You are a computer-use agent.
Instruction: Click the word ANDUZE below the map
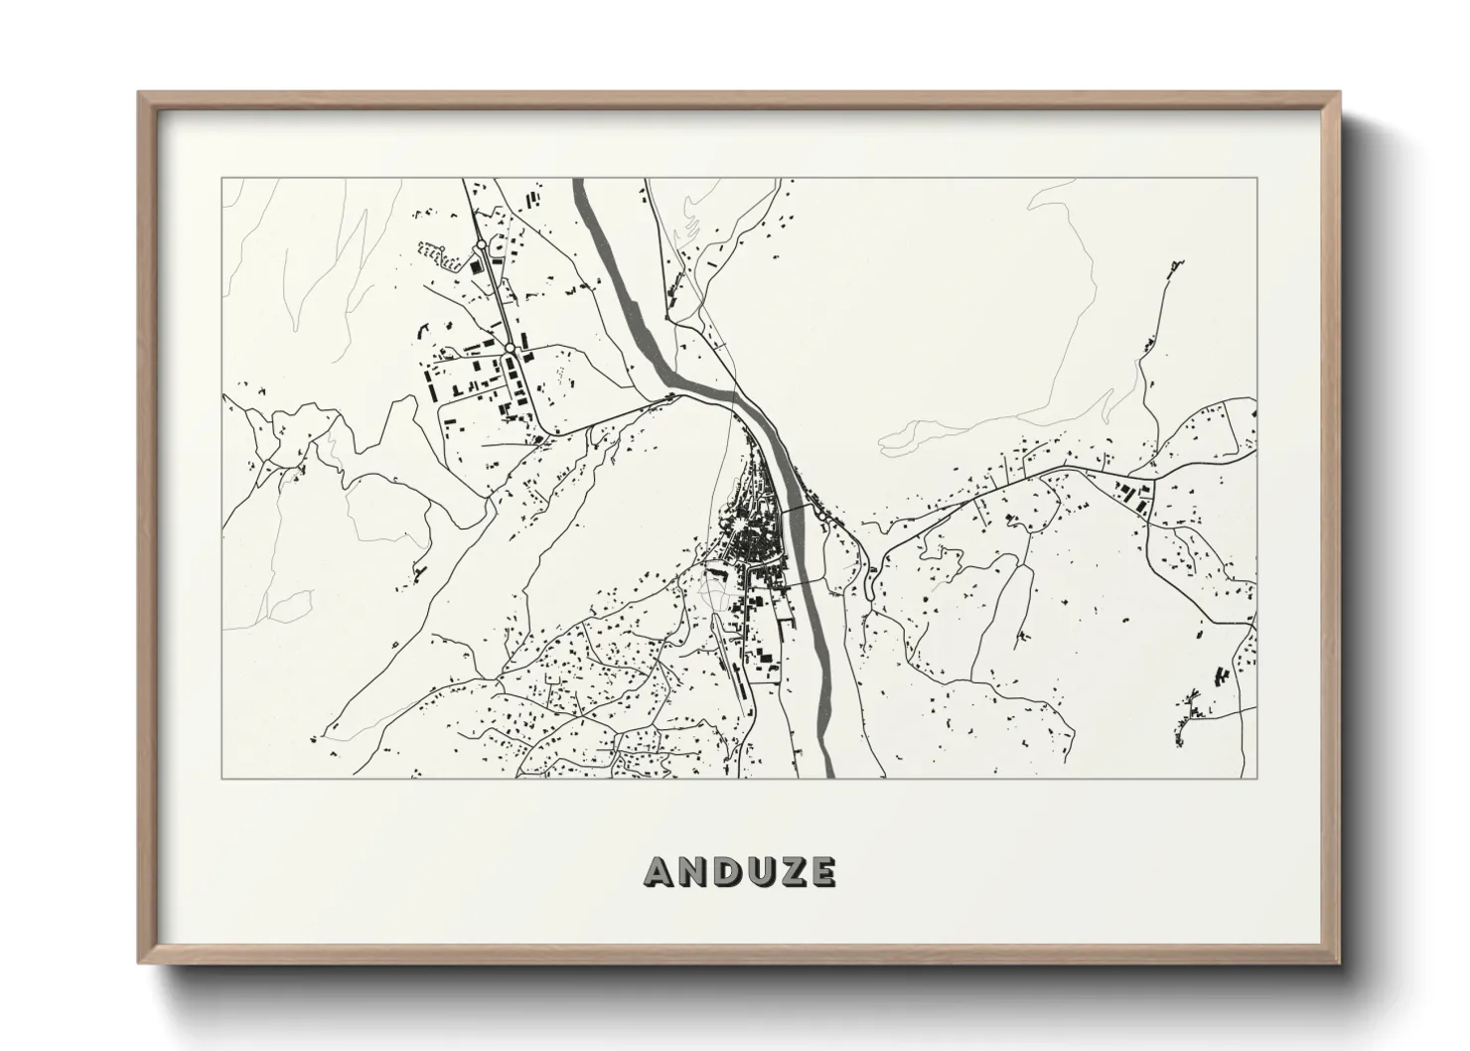[x=740, y=871]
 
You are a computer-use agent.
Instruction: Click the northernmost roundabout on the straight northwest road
[x=481, y=244]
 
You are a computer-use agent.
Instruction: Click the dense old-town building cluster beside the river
[x=755, y=536]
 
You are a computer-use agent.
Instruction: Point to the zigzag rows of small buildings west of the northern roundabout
[x=438, y=255]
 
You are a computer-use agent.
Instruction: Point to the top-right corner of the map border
[x=1256, y=179]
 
